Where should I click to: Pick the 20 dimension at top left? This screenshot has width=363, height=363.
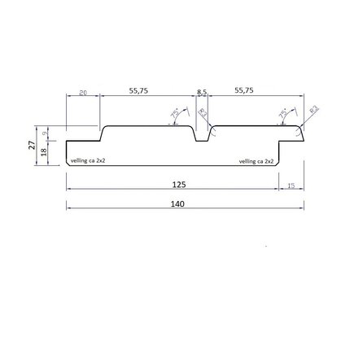83,94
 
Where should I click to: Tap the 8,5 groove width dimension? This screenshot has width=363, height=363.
203,91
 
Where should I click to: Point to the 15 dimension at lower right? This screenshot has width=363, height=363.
291,186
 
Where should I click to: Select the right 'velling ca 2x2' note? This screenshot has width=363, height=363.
256,161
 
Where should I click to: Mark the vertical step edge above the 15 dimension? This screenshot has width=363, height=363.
280,154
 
